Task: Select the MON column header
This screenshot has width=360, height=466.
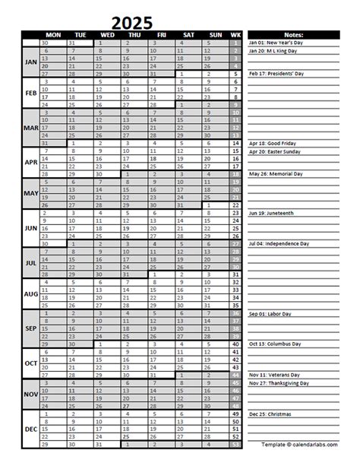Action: [52, 35]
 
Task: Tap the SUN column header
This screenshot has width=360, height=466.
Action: [215, 35]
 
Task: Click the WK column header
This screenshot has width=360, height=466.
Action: [236, 35]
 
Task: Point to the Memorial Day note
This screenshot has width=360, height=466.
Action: [276, 174]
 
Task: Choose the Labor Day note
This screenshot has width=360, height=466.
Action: [273, 312]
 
